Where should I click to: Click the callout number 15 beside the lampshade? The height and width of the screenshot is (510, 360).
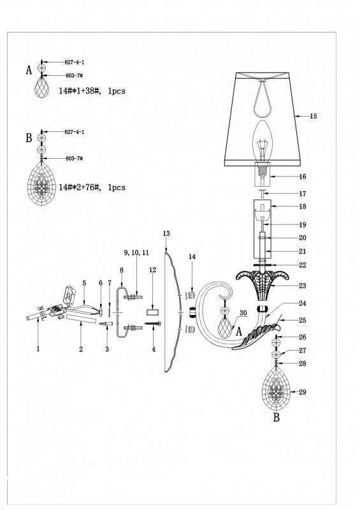click(x=313, y=117)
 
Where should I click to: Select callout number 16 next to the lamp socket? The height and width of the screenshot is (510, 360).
click(x=303, y=177)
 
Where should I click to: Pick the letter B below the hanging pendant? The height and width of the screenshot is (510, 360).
click(x=277, y=418)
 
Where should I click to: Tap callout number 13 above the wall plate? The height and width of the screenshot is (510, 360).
click(x=166, y=234)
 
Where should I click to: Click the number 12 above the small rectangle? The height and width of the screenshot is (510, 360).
click(x=152, y=270)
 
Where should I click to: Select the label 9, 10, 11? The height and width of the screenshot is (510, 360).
click(x=136, y=252)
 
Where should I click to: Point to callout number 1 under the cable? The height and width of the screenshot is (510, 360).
click(x=38, y=349)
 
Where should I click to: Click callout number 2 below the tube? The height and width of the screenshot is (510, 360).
click(x=81, y=349)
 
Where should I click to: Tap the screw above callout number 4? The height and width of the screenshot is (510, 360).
click(x=155, y=325)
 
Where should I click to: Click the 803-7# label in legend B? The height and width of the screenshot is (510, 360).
click(x=74, y=157)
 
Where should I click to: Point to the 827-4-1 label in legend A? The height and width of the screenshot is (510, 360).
click(x=75, y=62)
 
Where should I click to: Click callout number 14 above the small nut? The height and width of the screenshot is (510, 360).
click(x=192, y=256)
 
